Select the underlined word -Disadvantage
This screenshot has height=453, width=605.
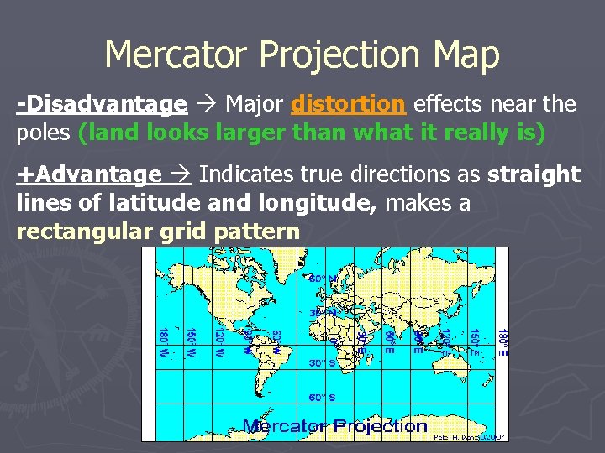(x=102, y=104)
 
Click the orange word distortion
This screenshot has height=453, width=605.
(x=348, y=104)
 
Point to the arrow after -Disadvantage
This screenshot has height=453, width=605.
(x=205, y=104)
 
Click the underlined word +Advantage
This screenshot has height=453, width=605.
(x=89, y=174)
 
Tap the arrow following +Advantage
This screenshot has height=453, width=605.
(x=181, y=174)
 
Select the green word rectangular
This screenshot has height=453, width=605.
(x=84, y=232)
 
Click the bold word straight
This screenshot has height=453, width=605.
(x=534, y=174)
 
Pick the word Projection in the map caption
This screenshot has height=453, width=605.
(x=381, y=426)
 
